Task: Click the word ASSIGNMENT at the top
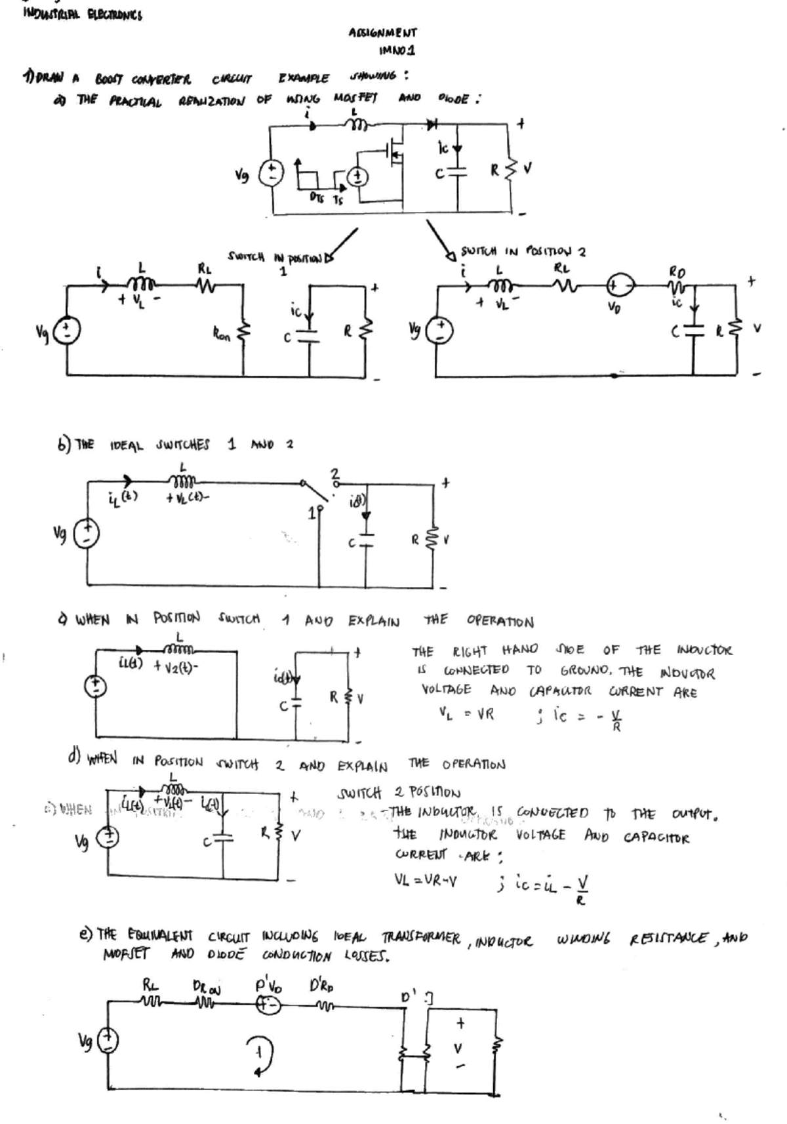point(384,32)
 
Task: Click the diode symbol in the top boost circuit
point(432,122)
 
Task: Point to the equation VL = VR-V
point(426,879)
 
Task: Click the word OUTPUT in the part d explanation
point(696,816)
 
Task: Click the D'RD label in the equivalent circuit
point(320,986)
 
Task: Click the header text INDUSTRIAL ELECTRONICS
point(82,14)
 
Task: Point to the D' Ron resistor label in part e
point(206,987)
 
